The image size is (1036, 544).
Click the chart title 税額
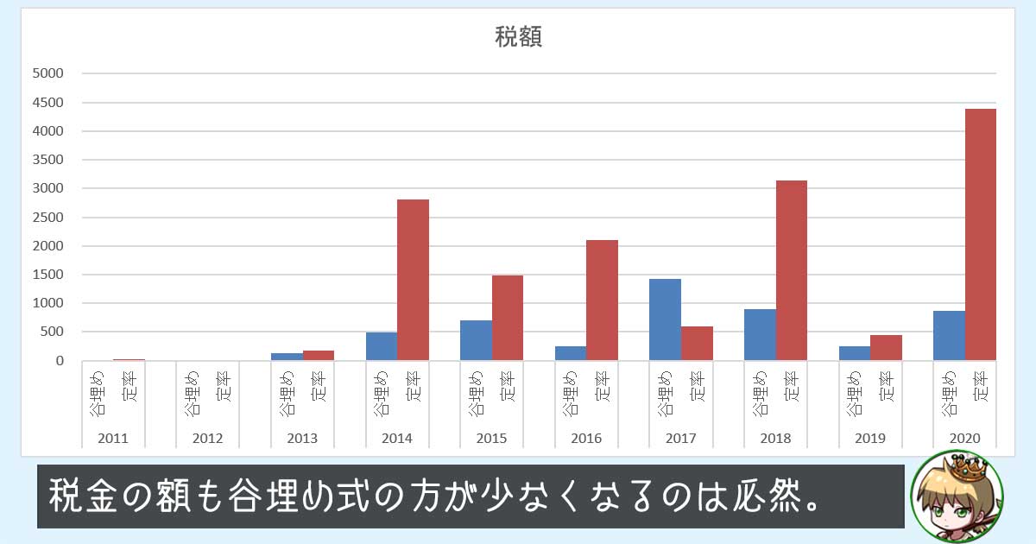518,37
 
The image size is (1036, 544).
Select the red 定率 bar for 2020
980,234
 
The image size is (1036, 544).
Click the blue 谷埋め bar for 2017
665,319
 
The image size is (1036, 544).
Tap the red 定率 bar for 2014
413,280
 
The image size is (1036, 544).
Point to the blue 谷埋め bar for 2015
476,340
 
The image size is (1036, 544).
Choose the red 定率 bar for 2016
602,300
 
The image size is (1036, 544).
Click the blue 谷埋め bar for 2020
949,335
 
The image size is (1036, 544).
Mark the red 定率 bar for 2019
886,347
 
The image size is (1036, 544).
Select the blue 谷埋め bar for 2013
287,356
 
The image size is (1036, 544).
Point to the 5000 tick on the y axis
47,74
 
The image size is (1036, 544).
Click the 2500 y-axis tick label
47,218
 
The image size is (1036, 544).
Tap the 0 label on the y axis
59,361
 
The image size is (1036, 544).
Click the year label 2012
207,438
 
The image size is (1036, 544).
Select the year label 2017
680,438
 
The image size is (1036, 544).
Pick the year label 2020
964,438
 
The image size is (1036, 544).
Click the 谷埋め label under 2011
97,394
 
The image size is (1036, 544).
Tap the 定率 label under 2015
508,394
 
